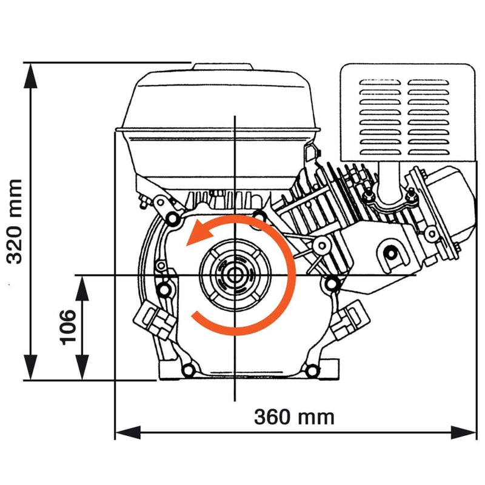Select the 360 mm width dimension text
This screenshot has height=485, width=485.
(294, 417)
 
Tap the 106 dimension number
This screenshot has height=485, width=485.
(68, 327)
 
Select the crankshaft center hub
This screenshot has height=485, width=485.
(234, 276)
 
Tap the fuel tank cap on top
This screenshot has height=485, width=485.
(221, 65)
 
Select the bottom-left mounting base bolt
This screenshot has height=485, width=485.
(187, 370)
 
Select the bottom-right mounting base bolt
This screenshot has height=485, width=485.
(312, 370)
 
